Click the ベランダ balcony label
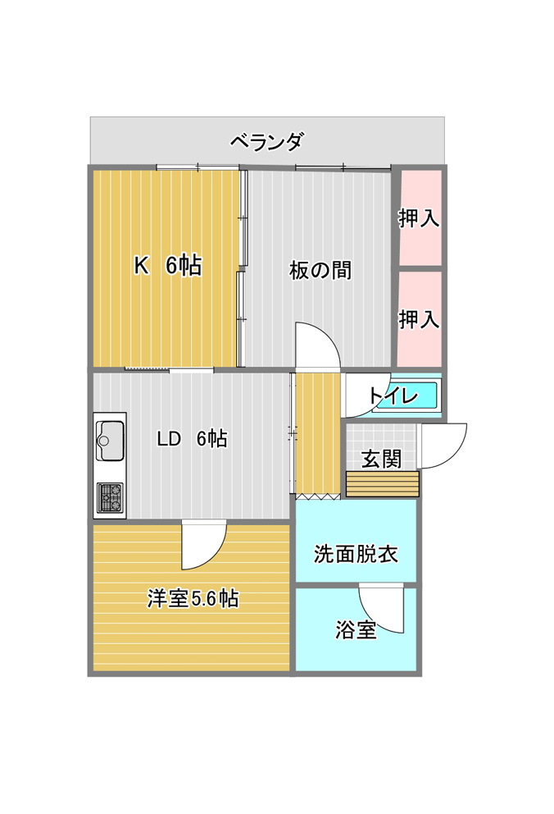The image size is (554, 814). coord(266,141)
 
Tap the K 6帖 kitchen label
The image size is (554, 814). coord(168,266)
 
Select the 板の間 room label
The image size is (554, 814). coord(320,270)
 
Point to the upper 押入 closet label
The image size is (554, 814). coord(420,218)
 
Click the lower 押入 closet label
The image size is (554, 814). coord(420,318)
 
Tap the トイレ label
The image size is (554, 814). coord(394,396)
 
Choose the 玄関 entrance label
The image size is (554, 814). coord(381,459)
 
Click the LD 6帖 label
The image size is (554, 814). coord(193,439)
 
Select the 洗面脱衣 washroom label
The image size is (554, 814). coord(356,554)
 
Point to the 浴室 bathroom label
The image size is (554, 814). coord(356,629)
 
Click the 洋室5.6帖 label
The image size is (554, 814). coord(193,598)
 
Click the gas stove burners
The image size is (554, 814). coord(111,497)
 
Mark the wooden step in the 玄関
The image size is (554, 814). coord(383,484)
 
